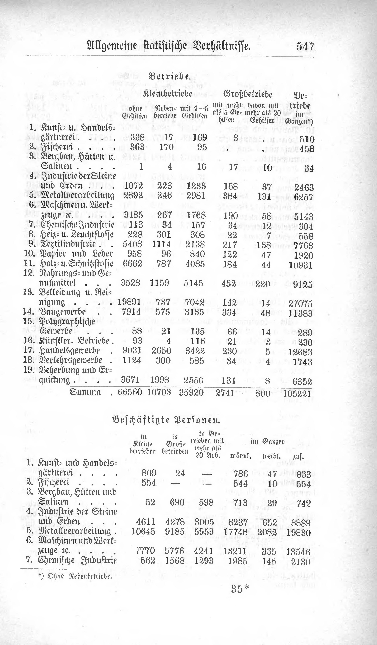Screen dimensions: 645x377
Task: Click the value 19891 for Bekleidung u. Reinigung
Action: click(129, 302)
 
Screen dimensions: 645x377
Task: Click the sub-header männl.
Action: click(241, 456)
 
